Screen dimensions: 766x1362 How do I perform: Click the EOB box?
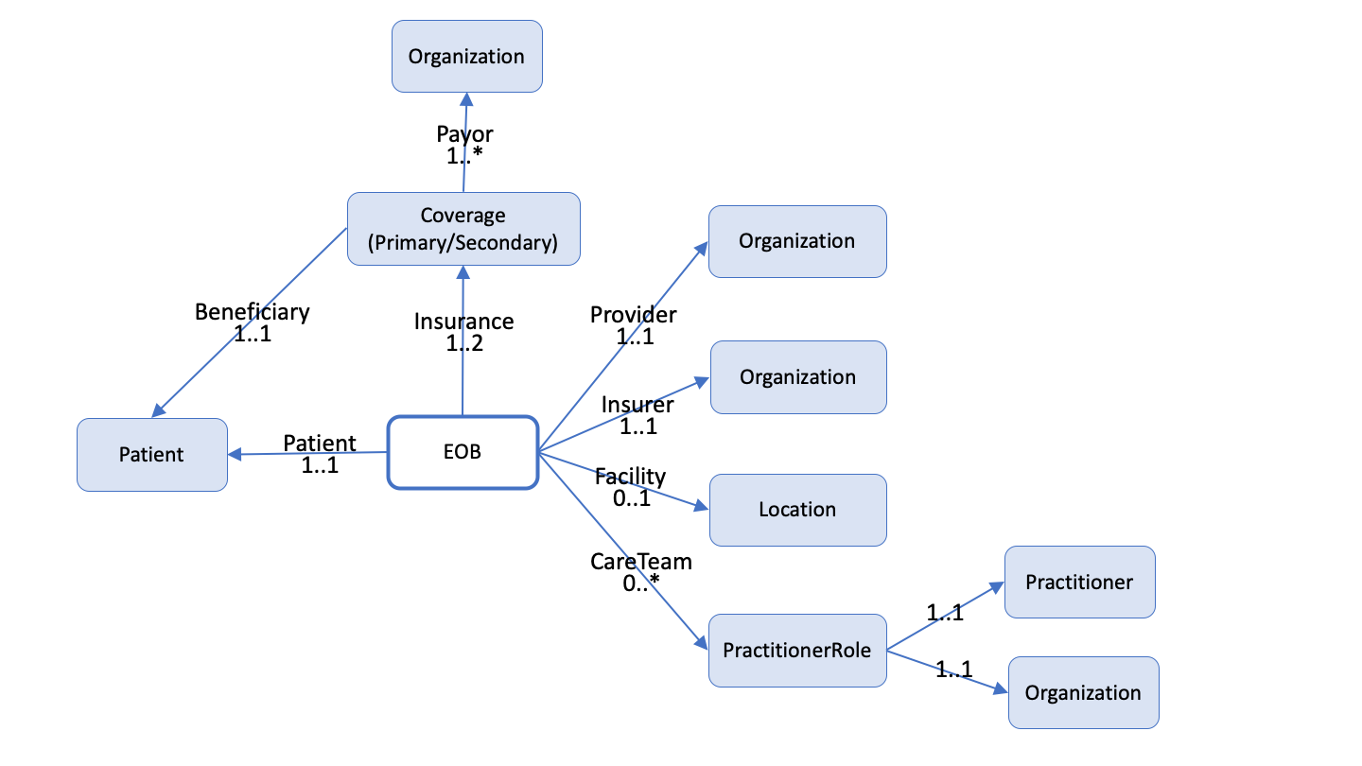tap(463, 452)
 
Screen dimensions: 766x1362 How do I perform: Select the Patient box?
tap(151, 455)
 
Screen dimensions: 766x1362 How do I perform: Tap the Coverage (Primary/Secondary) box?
tap(463, 229)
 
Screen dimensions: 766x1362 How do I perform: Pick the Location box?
tap(797, 510)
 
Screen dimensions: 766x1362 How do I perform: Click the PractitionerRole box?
tap(796, 650)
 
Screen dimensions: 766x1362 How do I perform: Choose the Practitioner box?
tap(1079, 582)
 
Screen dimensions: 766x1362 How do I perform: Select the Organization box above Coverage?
tap(466, 57)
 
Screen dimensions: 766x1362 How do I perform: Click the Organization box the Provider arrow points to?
tap(796, 241)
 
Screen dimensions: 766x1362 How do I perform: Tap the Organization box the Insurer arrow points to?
tap(797, 377)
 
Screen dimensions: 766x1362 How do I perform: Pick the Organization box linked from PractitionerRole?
tap(1083, 692)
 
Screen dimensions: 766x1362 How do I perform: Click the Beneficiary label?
tap(252, 311)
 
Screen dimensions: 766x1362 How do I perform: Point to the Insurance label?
tap(463, 322)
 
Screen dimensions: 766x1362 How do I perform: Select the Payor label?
tap(464, 134)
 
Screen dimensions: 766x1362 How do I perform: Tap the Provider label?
tap(633, 315)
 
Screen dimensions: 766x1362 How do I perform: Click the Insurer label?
tap(637, 405)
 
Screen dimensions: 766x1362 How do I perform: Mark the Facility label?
tap(630, 476)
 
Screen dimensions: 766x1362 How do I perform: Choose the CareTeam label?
tap(640, 562)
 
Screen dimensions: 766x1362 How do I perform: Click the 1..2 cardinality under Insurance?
tap(464, 343)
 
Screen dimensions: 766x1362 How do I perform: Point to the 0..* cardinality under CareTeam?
tap(640, 583)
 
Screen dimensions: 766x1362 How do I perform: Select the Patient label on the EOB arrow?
tap(320, 444)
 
